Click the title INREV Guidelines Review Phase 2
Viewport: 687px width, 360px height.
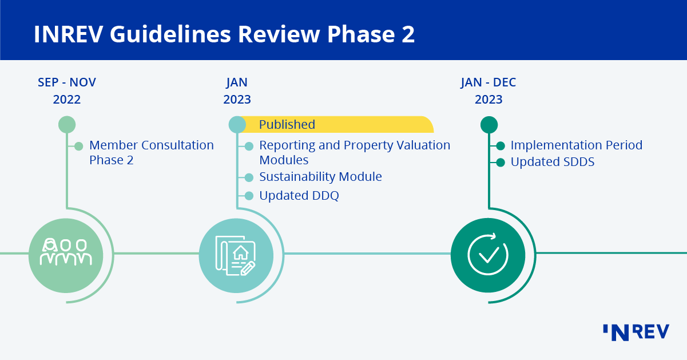[x=224, y=34]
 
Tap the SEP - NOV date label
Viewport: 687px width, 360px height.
[x=67, y=82]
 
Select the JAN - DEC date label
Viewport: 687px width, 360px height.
[x=488, y=82]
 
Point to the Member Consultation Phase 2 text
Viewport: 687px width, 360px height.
[x=151, y=152]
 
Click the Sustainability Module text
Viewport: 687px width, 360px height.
[x=320, y=177]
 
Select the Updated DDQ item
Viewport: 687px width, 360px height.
[x=299, y=196]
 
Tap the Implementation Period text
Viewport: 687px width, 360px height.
[x=576, y=145]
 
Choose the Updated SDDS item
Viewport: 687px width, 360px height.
[x=552, y=162]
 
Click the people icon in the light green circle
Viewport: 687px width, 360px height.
[x=66, y=252]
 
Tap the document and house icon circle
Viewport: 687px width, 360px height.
[x=236, y=252]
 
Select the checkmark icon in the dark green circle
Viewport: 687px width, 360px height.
[x=488, y=254]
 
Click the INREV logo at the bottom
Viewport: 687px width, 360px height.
[x=635, y=332]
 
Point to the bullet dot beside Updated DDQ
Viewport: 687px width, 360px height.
[x=249, y=196]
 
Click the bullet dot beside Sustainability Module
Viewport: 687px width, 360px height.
[x=249, y=177]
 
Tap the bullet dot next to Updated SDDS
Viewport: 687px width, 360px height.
[x=501, y=162]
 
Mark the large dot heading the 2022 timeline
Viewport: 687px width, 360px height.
[x=67, y=124]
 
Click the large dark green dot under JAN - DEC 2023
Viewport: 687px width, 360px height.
[x=489, y=124]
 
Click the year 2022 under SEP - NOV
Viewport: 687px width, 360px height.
[x=67, y=100]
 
